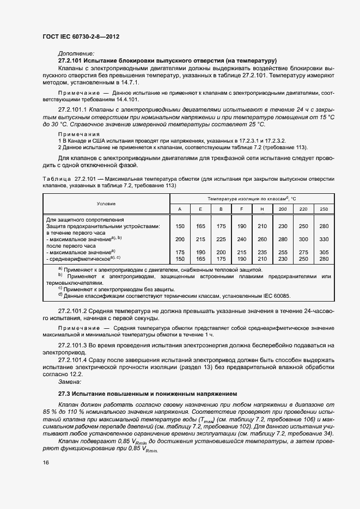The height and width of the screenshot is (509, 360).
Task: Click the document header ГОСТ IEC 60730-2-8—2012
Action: click(80, 36)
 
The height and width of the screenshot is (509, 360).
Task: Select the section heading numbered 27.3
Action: click(148, 393)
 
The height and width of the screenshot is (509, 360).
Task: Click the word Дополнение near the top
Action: click(76, 53)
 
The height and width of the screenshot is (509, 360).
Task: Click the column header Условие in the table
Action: click(106, 204)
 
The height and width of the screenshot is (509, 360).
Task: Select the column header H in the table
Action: click(262, 209)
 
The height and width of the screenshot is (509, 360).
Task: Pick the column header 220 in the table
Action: click(303, 209)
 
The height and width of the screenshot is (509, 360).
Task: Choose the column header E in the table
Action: click(200, 209)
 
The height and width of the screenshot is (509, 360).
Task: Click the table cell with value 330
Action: click(324, 238)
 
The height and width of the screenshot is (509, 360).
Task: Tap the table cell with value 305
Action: click(324, 252)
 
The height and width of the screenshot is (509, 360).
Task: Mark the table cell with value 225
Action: click(221, 238)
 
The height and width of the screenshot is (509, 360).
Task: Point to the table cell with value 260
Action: click(262, 238)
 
